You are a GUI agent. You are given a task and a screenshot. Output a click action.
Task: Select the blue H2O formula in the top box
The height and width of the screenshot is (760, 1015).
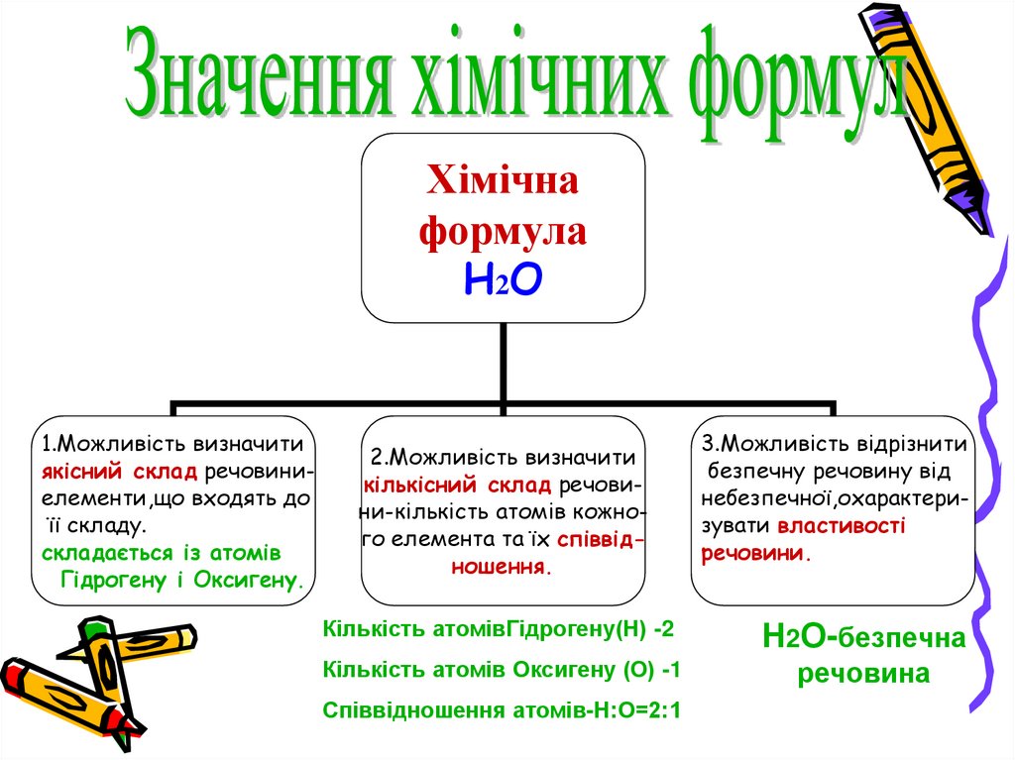[503, 281]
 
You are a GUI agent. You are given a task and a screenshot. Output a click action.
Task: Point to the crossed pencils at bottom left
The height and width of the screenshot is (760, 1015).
[89, 684]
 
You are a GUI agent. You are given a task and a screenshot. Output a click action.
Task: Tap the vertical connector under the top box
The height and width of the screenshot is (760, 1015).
[505, 362]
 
